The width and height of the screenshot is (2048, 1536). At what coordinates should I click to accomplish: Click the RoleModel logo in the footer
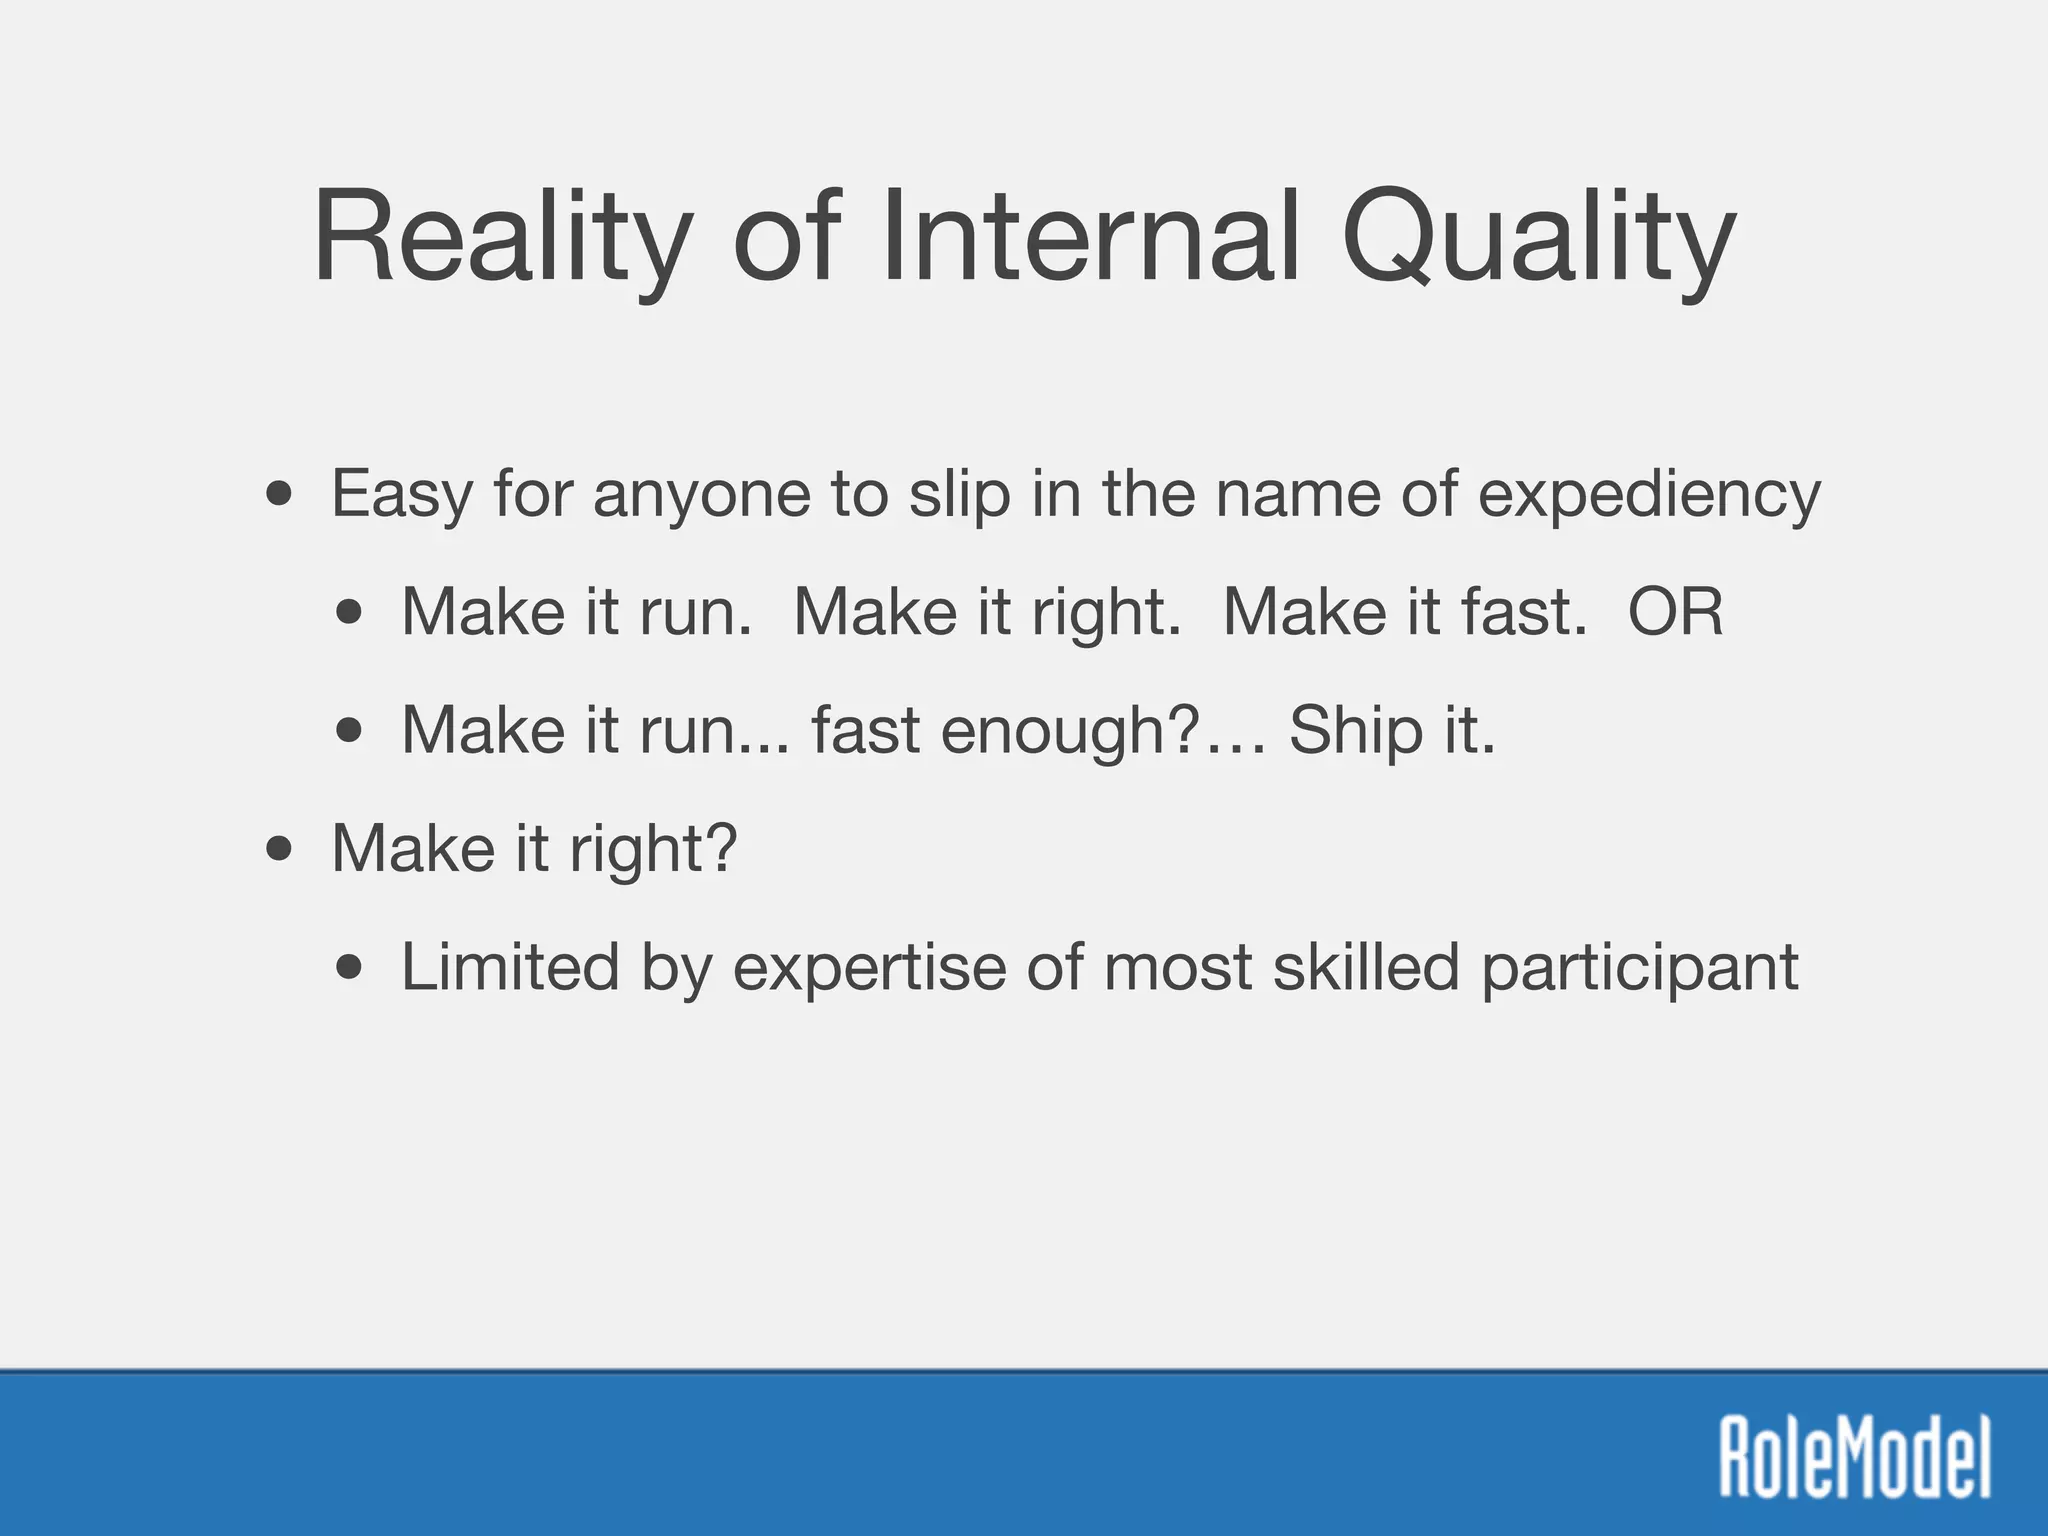click(1854, 1456)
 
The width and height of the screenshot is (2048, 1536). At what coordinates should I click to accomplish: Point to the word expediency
click(1649, 494)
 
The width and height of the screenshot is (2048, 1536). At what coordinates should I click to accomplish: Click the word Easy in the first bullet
click(401, 494)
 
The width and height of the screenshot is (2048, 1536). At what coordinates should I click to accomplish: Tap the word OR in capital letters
click(1675, 611)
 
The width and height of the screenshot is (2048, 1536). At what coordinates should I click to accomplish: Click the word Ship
click(1355, 730)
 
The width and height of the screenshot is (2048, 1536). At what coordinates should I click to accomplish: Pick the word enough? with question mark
click(1070, 730)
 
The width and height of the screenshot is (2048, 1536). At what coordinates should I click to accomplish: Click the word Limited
click(510, 967)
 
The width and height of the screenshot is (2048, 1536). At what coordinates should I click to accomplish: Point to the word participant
click(1639, 967)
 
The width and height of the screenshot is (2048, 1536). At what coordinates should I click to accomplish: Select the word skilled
click(1366, 967)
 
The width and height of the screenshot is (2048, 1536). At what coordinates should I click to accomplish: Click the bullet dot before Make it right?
click(280, 850)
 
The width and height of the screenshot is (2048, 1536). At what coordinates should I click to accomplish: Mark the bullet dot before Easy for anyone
click(280, 494)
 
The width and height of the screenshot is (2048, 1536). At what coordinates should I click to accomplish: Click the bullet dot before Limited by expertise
click(349, 967)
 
